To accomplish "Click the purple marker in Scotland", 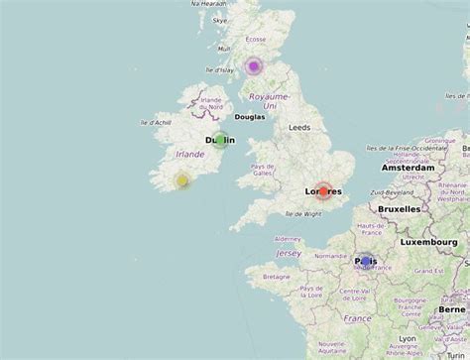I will click(x=254, y=66).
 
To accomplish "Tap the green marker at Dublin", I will click(x=220, y=141).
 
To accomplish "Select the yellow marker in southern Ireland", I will click(x=182, y=180).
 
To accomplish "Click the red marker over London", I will click(x=322, y=190).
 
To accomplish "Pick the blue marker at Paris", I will click(x=365, y=261).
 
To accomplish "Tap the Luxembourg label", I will click(x=434, y=242).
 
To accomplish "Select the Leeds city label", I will click(x=299, y=128).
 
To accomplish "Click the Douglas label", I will click(x=250, y=116).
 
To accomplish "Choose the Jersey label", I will click(x=289, y=253).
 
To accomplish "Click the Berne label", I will click(x=452, y=308).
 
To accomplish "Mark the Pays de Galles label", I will click(x=263, y=171).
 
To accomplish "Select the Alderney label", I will click(x=287, y=239).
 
